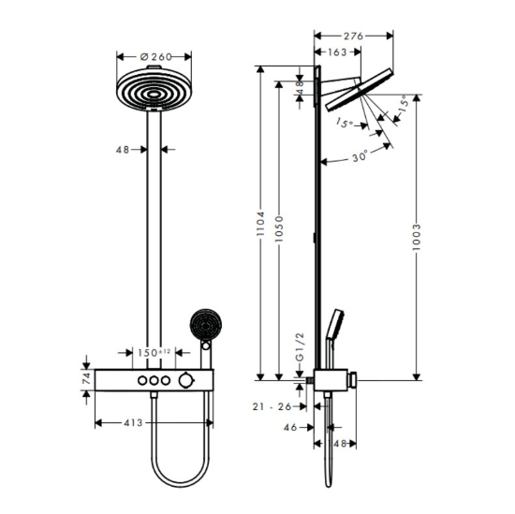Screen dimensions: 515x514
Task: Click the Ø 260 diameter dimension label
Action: (x=155, y=57)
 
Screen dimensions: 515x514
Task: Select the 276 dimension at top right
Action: (x=353, y=36)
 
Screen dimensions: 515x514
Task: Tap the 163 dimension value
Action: (x=337, y=51)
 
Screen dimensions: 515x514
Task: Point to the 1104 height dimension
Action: (x=260, y=224)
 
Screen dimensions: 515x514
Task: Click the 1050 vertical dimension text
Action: (x=279, y=229)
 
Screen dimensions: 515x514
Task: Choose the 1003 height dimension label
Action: (x=417, y=237)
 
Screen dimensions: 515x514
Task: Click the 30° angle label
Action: (x=360, y=156)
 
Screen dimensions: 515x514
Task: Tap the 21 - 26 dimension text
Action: (x=272, y=406)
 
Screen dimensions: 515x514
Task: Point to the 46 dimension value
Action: (x=290, y=427)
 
